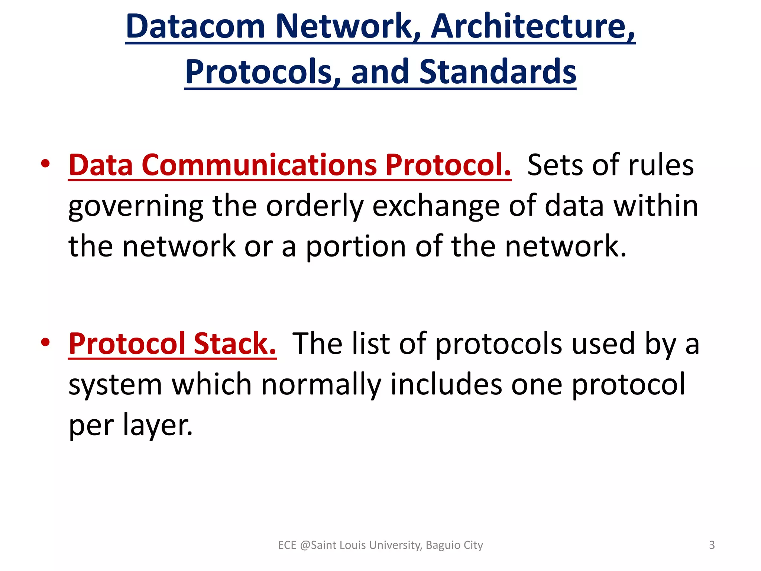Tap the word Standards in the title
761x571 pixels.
(498, 71)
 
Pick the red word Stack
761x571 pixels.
(235, 343)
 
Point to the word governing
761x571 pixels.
(136, 206)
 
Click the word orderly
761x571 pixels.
(314, 206)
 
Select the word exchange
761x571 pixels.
(436, 206)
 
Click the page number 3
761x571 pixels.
(712, 545)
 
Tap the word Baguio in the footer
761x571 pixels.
(443, 545)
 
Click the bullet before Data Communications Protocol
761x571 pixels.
(45, 164)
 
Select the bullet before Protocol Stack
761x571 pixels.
(45, 342)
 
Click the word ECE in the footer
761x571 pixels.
(287, 545)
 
